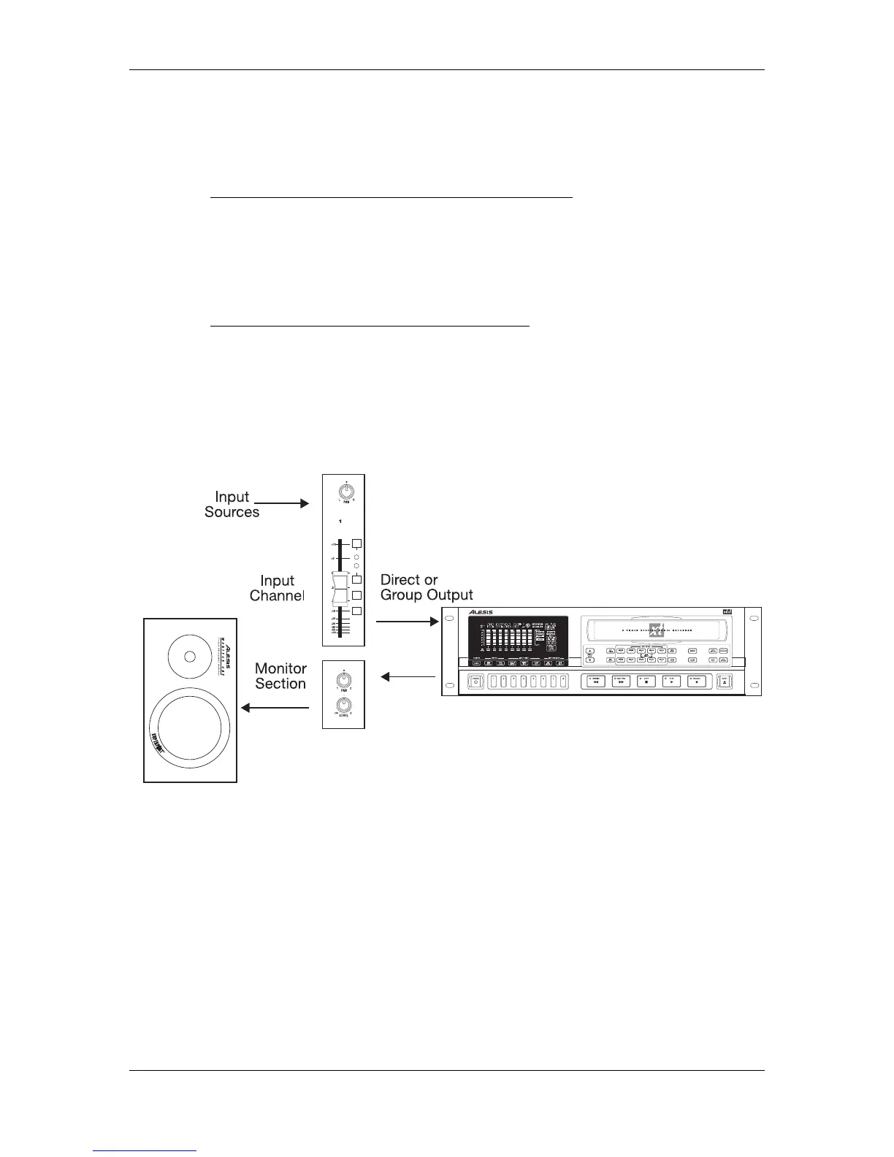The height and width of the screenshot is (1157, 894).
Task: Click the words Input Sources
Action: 232,504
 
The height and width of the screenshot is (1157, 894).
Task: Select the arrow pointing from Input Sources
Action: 282,503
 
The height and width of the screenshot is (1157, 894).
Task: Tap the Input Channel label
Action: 276,588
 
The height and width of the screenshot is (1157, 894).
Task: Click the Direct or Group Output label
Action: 427,587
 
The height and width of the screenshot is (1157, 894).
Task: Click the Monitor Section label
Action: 280,676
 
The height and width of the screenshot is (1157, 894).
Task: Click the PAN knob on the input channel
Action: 343,491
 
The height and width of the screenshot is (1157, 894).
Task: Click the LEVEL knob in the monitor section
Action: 343,705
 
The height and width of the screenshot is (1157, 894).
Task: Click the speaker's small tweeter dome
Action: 190,656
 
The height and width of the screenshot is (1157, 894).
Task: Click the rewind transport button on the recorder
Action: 595,681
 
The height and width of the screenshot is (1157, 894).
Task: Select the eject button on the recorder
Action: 724,681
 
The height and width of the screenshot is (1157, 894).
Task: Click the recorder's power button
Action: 476,681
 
